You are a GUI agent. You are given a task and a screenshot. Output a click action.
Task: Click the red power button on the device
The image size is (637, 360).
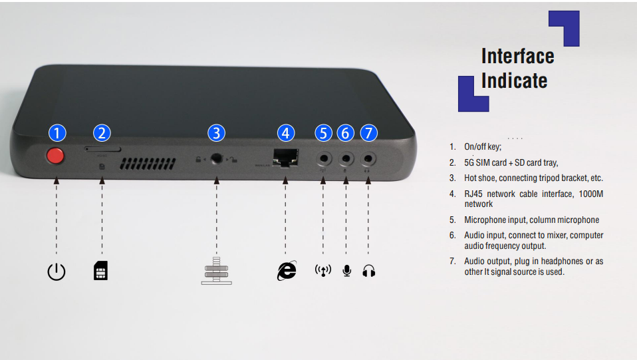55,156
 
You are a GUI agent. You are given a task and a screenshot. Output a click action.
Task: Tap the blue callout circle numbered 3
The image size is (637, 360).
216,133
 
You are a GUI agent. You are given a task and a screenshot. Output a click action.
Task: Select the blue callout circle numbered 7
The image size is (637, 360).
368,133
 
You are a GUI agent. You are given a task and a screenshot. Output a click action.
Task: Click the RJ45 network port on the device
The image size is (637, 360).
285,158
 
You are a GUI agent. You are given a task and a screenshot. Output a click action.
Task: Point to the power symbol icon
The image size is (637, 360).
57,271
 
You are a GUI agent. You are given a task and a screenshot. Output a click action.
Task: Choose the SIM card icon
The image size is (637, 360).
101,271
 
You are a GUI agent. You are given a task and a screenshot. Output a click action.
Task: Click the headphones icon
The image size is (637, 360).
369,271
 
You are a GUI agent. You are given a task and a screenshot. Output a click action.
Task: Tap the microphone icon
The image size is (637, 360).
346,271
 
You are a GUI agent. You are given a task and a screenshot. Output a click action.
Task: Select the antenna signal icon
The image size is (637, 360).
323,271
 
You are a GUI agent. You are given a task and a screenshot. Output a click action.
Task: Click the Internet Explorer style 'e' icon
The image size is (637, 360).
287,271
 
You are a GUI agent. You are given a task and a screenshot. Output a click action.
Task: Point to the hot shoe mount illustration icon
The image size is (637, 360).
217,271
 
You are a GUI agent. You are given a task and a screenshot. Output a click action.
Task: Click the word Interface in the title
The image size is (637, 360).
517,56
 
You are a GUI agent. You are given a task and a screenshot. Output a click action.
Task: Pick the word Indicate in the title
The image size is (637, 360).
514,81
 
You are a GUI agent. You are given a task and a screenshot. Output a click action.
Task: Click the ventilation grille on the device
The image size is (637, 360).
148,164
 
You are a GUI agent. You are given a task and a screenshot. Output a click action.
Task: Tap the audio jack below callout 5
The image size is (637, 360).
324,158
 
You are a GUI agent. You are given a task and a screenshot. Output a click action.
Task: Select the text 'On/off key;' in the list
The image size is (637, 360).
483,147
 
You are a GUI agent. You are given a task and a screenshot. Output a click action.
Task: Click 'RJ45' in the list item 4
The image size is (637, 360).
473,194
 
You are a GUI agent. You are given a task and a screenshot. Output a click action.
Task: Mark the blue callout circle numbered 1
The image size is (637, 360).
57,133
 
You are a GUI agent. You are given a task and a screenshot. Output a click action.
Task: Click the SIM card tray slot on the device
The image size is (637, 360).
102,149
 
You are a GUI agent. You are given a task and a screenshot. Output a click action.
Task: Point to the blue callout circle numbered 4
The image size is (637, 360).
286,133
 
